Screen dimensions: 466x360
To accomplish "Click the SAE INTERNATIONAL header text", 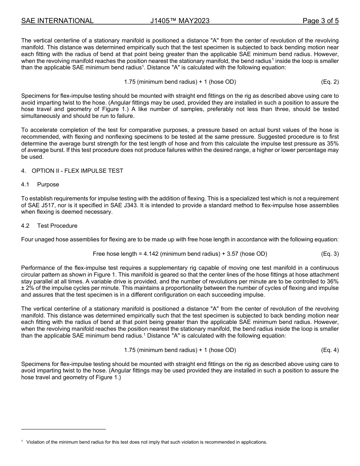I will (x=57, y=21).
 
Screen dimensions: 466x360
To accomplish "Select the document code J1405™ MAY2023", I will (x=180, y=21).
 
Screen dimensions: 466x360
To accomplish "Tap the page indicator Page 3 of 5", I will (x=320, y=21).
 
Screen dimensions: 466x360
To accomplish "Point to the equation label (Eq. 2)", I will (x=330, y=82).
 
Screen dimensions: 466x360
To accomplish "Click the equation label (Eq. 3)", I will (x=330, y=254).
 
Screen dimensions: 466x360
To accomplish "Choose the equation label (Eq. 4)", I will (x=330, y=350).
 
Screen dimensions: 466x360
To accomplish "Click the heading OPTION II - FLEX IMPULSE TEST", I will (x=80, y=171).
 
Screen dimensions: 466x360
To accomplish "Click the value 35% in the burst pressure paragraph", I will (x=332, y=144).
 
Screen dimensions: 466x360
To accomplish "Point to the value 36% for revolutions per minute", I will (x=332, y=281).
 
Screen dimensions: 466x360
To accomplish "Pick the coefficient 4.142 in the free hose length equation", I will (x=151, y=254).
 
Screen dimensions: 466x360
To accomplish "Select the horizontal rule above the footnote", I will (x=63, y=429).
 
